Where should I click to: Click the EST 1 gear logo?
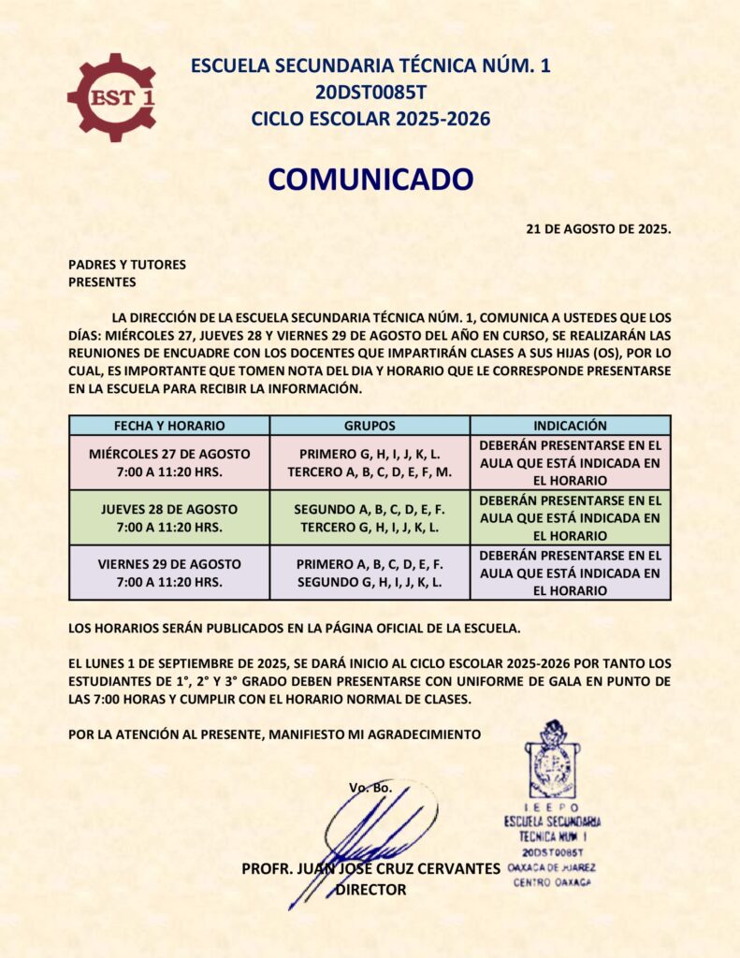[x=112, y=96]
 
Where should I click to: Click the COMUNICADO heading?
[x=370, y=179]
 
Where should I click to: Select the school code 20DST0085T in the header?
[x=370, y=92]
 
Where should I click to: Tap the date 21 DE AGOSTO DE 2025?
[x=599, y=228]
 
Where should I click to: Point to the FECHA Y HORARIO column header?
[x=169, y=425]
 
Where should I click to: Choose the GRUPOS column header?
[x=370, y=425]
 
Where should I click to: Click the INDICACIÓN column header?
[x=570, y=425]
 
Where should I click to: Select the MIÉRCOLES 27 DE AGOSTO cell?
[x=169, y=462]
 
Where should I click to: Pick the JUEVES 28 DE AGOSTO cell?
[x=169, y=517]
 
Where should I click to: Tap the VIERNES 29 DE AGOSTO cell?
[x=169, y=573]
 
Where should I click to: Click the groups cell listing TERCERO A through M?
[x=370, y=462]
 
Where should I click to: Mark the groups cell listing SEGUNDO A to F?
[x=370, y=517]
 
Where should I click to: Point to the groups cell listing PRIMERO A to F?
[x=370, y=573]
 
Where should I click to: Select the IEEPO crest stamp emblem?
[x=552, y=759]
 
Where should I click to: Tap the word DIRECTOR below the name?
[x=370, y=890]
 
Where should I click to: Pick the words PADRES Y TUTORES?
[x=127, y=265]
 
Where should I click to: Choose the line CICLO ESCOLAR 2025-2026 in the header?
[x=370, y=119]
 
